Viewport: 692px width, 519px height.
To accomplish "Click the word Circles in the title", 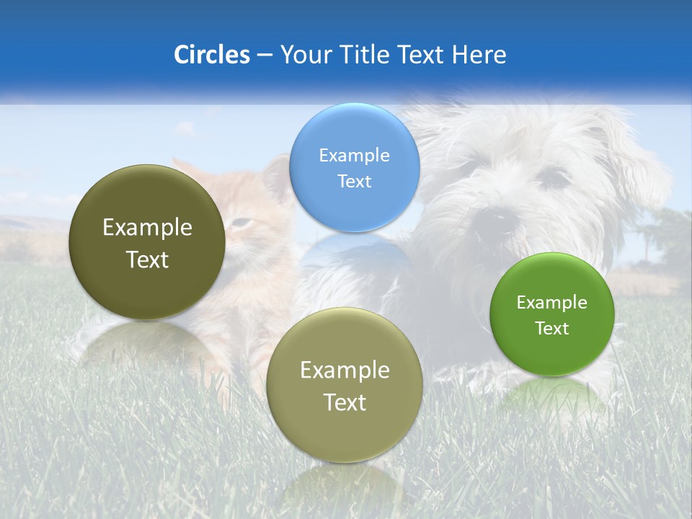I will click(211, 55).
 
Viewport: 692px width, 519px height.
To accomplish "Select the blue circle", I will click(354, 167).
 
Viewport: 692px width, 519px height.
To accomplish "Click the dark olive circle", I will click(147, 241).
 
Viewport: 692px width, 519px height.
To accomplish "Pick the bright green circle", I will click(552, 314).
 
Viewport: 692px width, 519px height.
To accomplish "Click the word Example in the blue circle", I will click(354, 155).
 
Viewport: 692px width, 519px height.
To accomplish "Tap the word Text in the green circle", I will click(552, 329).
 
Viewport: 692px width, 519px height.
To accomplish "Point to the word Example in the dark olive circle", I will click(147, 228).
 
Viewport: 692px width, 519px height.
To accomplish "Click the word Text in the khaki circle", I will click(345, 402).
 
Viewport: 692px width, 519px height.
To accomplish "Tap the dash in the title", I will click(264, 56).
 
